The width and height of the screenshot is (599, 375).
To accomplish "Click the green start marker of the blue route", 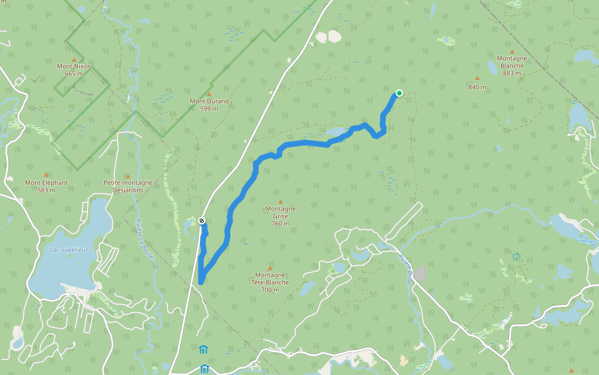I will click(x=399, y=94).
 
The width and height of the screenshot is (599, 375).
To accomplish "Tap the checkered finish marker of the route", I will click(x=202, y=221).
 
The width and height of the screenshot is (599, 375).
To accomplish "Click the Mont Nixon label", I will click(x=74, y=66).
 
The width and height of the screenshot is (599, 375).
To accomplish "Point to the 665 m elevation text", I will click(x=74, y=74).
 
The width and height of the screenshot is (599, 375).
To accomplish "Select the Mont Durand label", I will click(x=209, y=101).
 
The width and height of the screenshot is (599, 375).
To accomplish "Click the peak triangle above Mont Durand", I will click(x=209, y=94).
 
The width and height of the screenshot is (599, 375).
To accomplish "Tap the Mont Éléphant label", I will click(x=46, y=182).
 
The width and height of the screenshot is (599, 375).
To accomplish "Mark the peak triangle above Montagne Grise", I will click(x=280, y=201).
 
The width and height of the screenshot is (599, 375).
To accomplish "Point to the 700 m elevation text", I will click(x=270, y=290).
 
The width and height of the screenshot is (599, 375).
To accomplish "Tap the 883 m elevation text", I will click(x=512, y=73).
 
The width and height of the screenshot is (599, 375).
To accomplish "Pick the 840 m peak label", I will click(x=477, y=87).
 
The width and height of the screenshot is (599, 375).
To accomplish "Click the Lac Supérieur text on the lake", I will click(x=69, y=249).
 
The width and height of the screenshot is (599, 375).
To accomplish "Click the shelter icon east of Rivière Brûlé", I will click(x=517, y=257).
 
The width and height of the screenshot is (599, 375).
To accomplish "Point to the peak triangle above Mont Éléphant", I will click(x=46, y=175).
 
